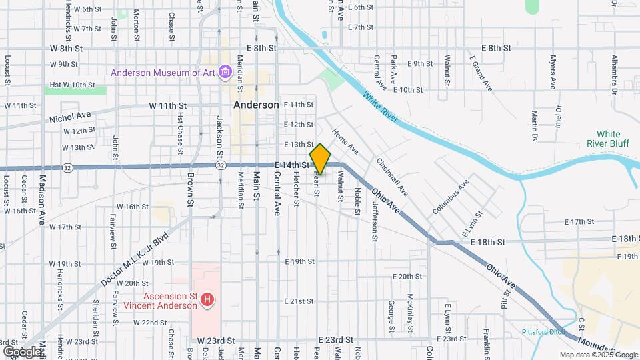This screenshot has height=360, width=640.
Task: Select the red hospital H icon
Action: (x=207, y=300)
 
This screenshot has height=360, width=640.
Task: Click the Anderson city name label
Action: (x=256, y=105)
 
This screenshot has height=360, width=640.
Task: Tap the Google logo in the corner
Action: (x=23, y=351)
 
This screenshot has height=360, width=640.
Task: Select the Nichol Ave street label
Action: (x=70, y=119)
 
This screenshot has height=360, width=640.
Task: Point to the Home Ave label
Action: (x=345, y=142)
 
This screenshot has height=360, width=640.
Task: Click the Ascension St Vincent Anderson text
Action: (x=161, y=301)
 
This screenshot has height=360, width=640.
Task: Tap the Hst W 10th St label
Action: (x=73, y=85)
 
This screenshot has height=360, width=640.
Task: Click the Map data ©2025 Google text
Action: (x=598, y=355)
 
